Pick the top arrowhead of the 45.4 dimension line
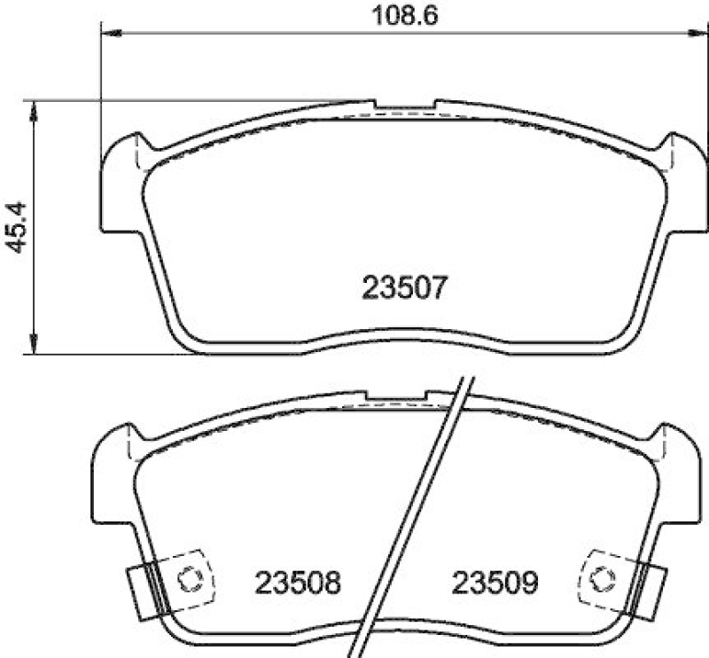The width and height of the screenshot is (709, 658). (x=34, y=107)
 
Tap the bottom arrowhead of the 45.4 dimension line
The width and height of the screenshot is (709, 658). (x=34, y=347)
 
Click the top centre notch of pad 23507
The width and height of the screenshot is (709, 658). (x=404, y=106)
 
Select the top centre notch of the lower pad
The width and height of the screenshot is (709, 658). (x=399, y=396)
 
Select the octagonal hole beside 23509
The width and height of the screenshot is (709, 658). (x=603, y=580)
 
